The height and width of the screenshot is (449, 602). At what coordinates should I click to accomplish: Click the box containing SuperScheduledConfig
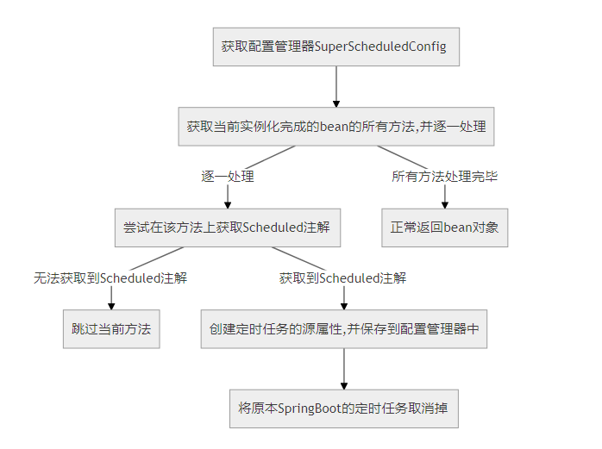(x=335, y=46)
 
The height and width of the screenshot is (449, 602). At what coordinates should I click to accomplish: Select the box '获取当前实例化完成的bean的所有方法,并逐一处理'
(x=335, y=126)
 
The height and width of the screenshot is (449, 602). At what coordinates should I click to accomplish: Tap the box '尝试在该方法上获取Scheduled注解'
(x=228, y=228)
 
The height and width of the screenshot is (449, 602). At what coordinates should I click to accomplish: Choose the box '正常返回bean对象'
(x=444, y=228)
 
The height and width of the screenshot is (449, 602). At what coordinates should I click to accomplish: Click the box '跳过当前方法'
(x=111, y=328)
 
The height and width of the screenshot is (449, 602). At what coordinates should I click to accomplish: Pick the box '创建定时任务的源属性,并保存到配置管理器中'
(x=344, y=328)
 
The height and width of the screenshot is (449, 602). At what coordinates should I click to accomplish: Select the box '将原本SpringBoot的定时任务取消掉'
(x=344, y=408)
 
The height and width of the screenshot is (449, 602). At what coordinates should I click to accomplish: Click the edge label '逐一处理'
(x=228, y=177)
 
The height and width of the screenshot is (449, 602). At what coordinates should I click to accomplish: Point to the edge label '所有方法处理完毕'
(x=444, y=177)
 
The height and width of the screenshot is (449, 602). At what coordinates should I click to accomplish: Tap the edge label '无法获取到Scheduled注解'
(x=111, y=278)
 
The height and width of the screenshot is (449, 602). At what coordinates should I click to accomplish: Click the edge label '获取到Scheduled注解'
(x=343, y=278)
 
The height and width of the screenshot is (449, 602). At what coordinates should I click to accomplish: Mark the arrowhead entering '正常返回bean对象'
(x=444, y=203)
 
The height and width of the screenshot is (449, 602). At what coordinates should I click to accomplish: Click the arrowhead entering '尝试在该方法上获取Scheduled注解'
(x=228, y=203)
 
